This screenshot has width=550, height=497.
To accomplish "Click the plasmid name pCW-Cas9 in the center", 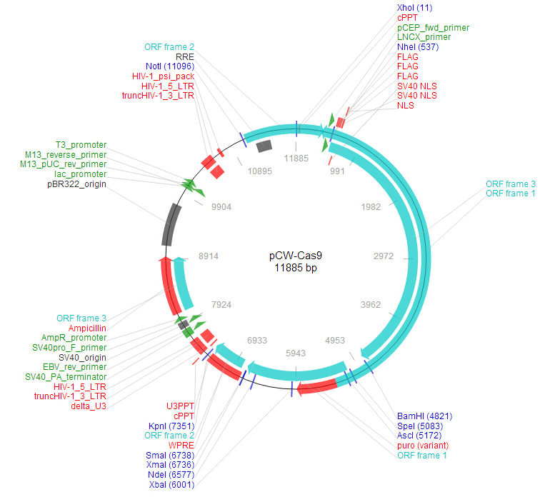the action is click(295, 256).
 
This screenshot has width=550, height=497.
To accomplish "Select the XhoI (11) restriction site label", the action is click(414, 8).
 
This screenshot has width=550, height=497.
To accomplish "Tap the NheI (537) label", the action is click(418, 47).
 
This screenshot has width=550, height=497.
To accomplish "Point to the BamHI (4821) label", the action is click(424, 416).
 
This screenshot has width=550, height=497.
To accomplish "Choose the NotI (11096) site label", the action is click(170, 66).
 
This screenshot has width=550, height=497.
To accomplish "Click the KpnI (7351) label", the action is click(171, 426).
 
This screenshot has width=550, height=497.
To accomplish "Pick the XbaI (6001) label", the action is click(171, 485).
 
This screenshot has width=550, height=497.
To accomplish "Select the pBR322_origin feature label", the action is click(76, 184).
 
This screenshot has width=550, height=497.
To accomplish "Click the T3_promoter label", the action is click(81, 145).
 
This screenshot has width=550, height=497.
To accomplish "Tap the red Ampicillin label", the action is click(87, 328).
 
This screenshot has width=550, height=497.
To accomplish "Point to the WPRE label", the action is click(181, 446).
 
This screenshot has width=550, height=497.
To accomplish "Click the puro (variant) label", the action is click(423, 446).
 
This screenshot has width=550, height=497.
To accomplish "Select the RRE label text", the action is click(184, 57).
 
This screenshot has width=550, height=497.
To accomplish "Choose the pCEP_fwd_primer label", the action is click(433, 28).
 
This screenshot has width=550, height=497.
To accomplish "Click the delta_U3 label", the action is click(89, 406).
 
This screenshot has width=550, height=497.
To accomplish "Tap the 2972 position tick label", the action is click(384, 256).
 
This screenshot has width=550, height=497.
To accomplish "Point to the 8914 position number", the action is click(209, 256).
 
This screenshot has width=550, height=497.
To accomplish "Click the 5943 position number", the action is click(296, 353).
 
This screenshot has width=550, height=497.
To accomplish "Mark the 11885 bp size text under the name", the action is click(296, 268).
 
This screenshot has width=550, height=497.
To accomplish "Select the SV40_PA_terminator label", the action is click(66, 377).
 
